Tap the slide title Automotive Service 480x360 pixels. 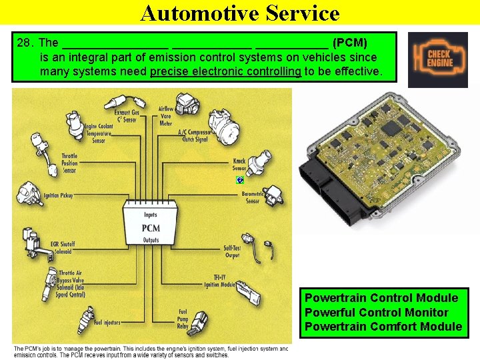click(240, 13)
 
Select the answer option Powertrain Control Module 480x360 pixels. click(381, 297)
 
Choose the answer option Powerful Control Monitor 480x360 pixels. click(376, 312)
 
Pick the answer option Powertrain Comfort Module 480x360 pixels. click(383, 326)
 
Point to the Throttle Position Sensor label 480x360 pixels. click(69, 163)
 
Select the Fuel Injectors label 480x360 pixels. click(107, 323)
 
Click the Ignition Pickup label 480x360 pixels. click(58, 196)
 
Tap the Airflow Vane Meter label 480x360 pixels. click(165, 116)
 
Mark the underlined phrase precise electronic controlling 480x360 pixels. click(226, 71)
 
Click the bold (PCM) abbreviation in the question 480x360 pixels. click(349, 43)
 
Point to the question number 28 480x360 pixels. click(25, 43)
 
